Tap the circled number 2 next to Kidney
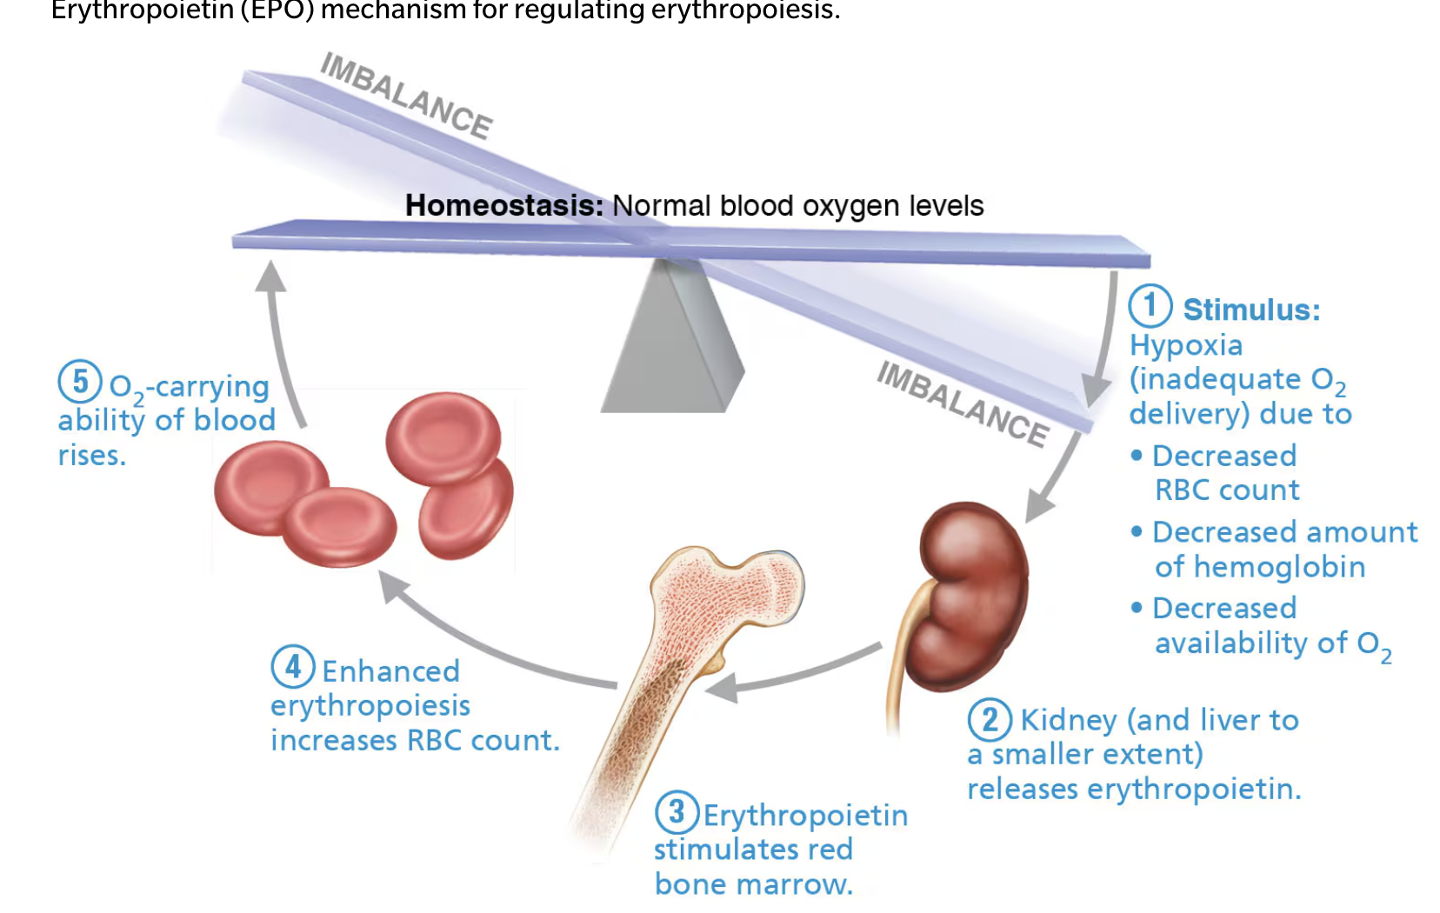tap(990, 720)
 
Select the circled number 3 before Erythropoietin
tap(677, 813)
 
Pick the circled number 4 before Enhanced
tap(292, 668)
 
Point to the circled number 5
tap(80, 381)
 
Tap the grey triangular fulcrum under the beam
tap(671, 343)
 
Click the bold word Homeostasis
tap(504, 206)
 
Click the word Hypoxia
tap(1185, 345)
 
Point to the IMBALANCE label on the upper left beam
tap(406, 96)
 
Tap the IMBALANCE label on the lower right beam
tap(962, 403)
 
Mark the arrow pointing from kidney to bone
tap(791, 674)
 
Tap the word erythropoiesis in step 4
tap(370, 706)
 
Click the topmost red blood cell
tap(443, 435)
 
